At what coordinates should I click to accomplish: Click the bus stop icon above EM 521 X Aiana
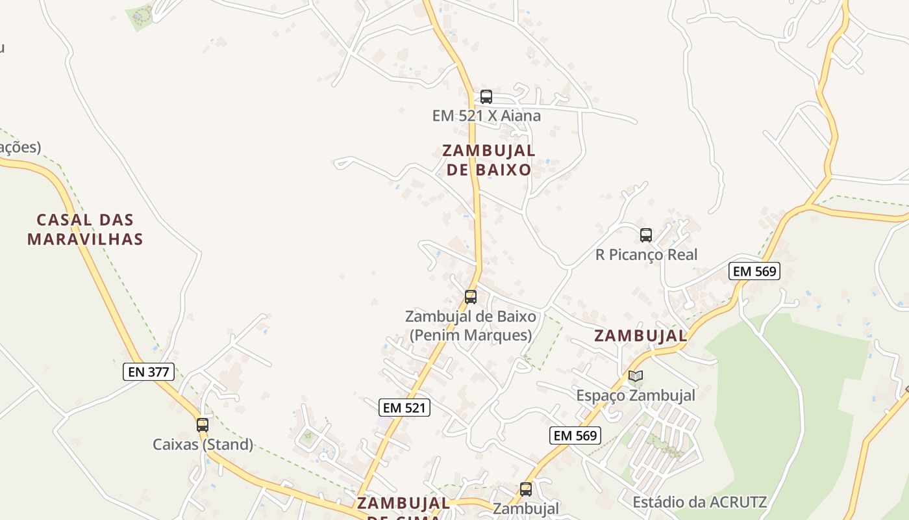click(486, 97)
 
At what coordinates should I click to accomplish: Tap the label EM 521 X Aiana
click(486, 116)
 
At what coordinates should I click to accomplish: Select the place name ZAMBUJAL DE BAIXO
click(489, 160)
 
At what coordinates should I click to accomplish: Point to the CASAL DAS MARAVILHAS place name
click(85, 229)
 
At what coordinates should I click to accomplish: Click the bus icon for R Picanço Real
click(645, 235)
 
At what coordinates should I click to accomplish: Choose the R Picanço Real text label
click(646, 255)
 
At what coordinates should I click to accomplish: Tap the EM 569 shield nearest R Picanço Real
click(754, 271)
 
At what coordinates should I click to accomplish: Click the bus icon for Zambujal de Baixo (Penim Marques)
click(471, 297)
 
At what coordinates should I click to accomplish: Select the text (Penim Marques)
click(471, 335)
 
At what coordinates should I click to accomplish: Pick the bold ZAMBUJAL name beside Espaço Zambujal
click(640, 336)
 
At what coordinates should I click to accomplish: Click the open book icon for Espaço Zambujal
click(636, 376)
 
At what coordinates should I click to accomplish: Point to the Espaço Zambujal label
click(636, 395)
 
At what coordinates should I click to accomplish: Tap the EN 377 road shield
click(149, 372)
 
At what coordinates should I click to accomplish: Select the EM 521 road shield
click(404, 408)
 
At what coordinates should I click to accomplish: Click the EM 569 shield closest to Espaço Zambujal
click(575, 435)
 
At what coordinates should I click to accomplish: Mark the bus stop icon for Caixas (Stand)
click(203, 425)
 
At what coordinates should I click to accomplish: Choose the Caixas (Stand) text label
click(203, 445)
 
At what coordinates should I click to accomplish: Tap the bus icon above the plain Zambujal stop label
click(526, 489)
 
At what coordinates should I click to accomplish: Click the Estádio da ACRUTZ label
click(700, 502)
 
